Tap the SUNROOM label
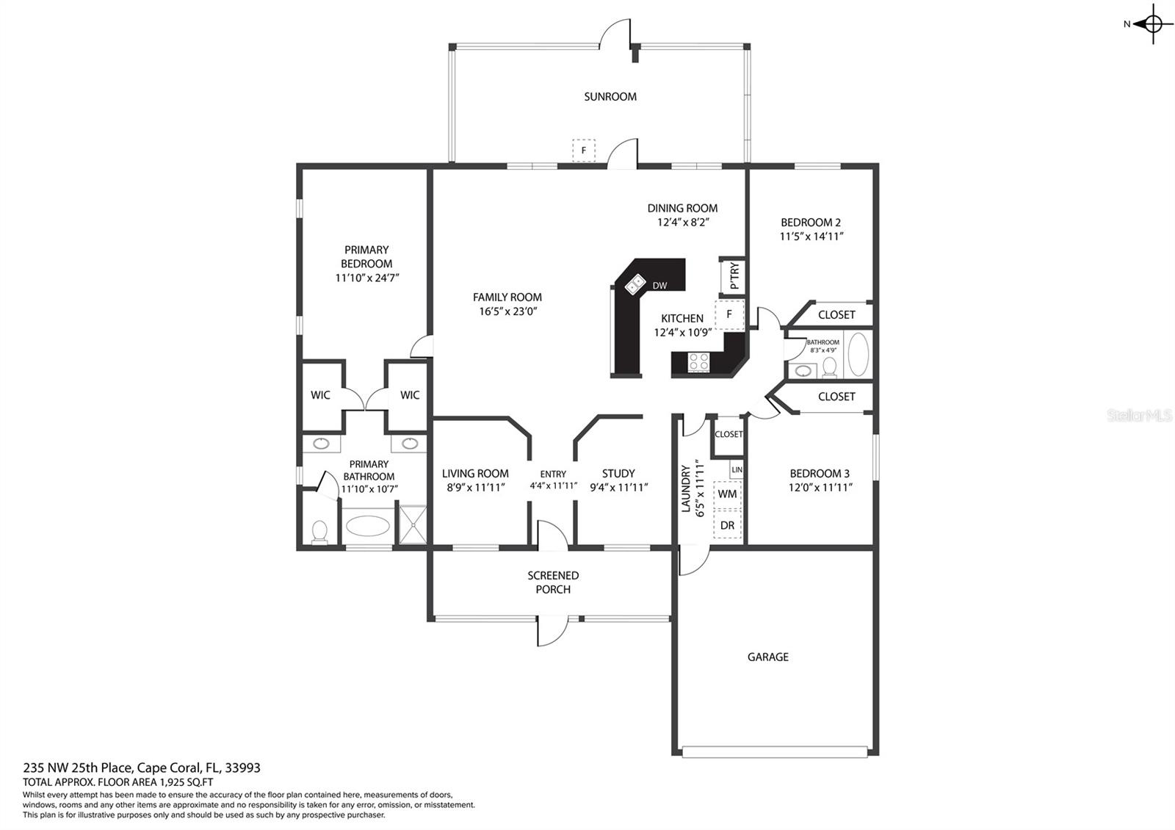click(610, 96)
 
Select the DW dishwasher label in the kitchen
click(659, 286)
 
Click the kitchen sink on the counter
click(634, 284)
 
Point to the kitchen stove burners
click(698, 362)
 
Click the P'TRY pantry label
click(734, 275)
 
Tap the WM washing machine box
click(727, 494)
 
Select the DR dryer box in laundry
click(727, 524)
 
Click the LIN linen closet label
click(737, 469)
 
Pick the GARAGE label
click(768, 657)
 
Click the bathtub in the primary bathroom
click(368, 525)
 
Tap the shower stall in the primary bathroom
click(413, 524)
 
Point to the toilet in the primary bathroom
click(319, 532)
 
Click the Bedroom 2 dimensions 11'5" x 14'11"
click(811, 237)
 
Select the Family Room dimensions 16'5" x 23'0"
click(507, 311)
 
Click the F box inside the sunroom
click(583, 151)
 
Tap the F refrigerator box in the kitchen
click(729, 315)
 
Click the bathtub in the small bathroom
click(858, 354)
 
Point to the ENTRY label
click(553, 474)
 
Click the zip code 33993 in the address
click(242, 768)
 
